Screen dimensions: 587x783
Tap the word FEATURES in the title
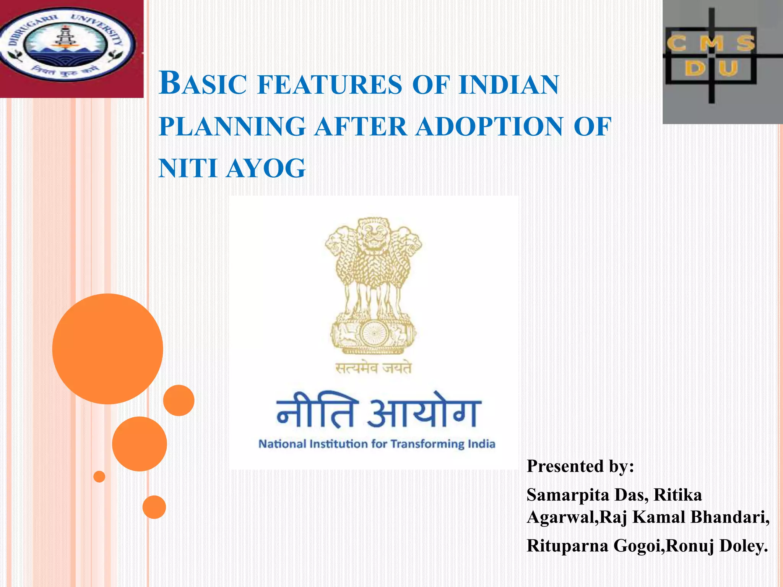coord(330,85)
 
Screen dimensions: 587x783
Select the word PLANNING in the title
coord(232,126)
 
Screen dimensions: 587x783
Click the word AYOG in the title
coord(266,169)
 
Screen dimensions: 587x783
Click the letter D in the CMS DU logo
coord(695,69)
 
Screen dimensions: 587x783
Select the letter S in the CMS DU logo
coord(746,43)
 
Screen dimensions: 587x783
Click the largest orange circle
coord(107,349)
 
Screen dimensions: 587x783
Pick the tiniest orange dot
coord(99,477)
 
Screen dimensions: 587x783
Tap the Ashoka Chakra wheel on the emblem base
coord(373,332)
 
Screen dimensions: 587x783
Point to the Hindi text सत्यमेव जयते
coord(373,368)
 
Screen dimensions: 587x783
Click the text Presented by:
coord(580,466)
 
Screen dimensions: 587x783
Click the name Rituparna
coord(568,546)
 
